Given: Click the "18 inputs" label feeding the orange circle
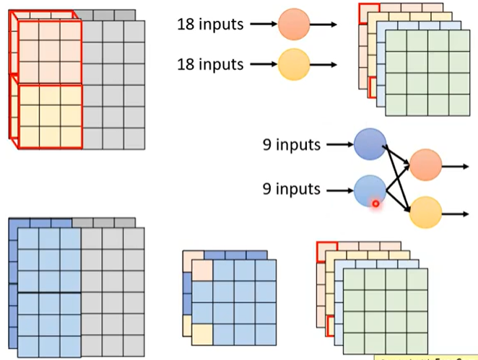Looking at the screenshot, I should (211, 24).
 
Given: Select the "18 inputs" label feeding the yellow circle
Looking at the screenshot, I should (211, 64).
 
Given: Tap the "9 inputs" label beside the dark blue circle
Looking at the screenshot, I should (292, 145).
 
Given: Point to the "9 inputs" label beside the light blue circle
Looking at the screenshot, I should (292, 189).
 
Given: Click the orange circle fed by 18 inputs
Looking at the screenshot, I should (294, 25).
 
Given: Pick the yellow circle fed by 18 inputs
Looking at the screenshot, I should (294, 64).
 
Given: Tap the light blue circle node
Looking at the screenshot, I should (370, 190).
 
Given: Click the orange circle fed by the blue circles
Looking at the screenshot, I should (425, 165).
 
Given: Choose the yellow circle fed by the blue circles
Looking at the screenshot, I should (425, 213).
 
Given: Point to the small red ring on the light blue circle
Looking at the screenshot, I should (376, 204).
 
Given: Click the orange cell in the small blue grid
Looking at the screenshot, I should (202, 269).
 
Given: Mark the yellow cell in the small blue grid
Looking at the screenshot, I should (202, 334).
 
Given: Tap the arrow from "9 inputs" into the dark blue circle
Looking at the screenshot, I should (339, 145).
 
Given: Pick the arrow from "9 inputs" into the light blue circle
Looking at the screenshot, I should (339, 190).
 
